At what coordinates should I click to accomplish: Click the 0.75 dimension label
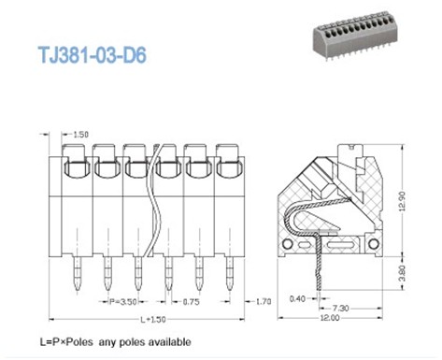tap(190, 302)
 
